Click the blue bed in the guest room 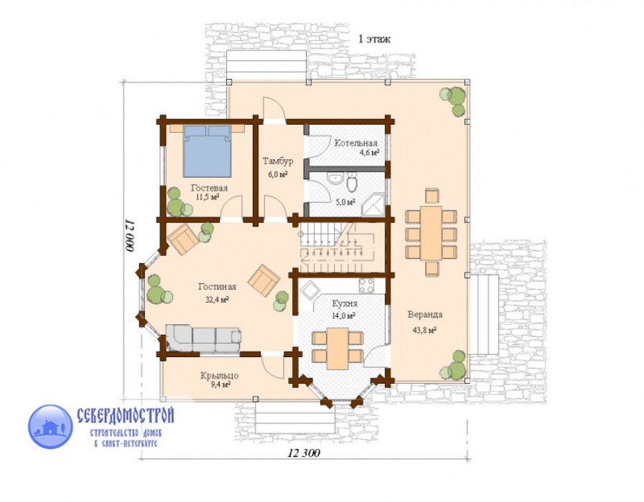207,151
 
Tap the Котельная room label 355,143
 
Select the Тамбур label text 278,161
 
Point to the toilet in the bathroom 353,182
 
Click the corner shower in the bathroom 373,204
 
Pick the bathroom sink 336,178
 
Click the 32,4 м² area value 217,300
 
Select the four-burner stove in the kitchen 366,285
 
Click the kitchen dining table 337,349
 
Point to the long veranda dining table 431,233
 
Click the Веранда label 425,315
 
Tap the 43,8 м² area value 424,330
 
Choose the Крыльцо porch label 219,375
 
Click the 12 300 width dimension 304,453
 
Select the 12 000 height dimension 129,236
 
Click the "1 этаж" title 374,39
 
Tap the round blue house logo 50,427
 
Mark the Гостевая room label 209,188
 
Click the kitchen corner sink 310,290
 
